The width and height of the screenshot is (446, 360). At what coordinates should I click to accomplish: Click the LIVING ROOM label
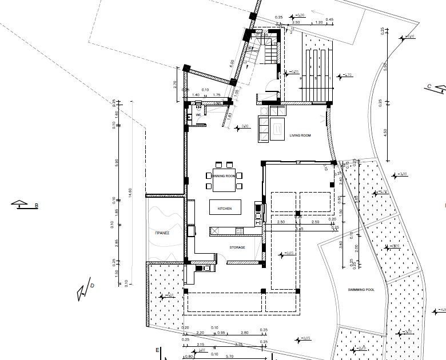tap(300, 135)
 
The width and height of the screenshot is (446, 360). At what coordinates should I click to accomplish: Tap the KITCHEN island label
tap(224, 209)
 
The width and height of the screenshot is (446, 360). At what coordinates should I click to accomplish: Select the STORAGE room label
tap(237, 247)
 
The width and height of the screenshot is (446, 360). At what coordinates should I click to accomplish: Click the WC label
tap(198, 115)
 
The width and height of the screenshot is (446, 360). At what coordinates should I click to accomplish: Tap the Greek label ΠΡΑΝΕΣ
tap(162, 233)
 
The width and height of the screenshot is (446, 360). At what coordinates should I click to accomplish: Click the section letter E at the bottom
tap(157, 349)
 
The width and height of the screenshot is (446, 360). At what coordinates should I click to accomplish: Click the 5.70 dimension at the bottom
tap(230, 357)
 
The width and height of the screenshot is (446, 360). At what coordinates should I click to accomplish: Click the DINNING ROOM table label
tap(223, 176)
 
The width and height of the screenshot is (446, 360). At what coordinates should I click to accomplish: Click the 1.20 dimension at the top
tap(318, 22)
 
